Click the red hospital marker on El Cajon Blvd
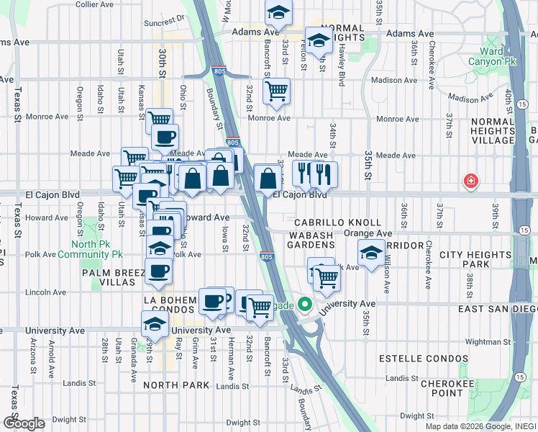click(471, 181)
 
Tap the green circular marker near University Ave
click(304, 305)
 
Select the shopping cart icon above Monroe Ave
click(276, 91)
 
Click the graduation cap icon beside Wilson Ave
click(370, 254)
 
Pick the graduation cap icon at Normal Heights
click(317, 40)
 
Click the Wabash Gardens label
click(311, 240)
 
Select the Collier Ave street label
click(94, 4)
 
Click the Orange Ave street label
click(368, 233)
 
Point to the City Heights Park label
click(475, 260)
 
